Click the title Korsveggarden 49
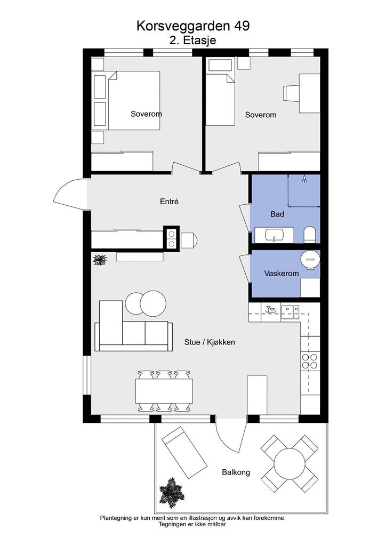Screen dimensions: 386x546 pyautogui.click(x=193, y=26)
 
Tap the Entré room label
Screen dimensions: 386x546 pyautogui.click(x=169, y=201)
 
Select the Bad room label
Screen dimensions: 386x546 pyautogui.click(x=277, y=214)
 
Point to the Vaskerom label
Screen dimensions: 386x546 pyautogui.click(x=281, y=274)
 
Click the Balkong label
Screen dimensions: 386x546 pyautogui.click(x=236, y=472)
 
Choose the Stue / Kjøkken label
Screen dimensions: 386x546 pyautogui.click(x=210, y=342)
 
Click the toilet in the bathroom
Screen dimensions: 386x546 pyautogui.click(x=310, y=235)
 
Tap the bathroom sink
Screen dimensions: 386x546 pyautogui.click(x=275, y=235)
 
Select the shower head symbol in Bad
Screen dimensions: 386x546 pyautogui.click(x=304, y=179)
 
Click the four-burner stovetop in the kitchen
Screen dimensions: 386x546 pyautogui.click(x=310, y=361)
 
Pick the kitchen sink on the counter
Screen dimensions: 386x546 pyautogui.click(x=290, y=311)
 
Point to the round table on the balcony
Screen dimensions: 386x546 pyautogui.click(x=289, y=463)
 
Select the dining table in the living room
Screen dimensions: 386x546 pyautogui.click(x=164, y=391)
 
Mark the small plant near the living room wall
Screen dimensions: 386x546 pyautogui.click(x=100, y=260)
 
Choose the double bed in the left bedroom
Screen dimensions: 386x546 pyautogui.click(x=134, y=101)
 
